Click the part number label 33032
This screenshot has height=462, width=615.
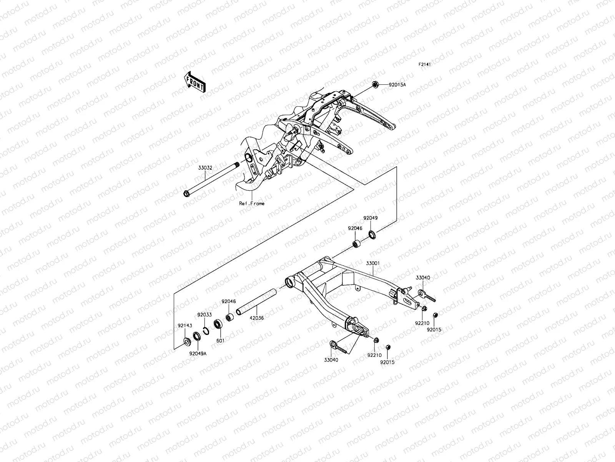(205, 168)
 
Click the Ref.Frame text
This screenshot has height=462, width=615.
(251, 204)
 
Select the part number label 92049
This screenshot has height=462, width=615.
(371, 218)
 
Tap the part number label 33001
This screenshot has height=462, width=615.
(372, 263)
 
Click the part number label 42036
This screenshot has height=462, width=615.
(257, 318)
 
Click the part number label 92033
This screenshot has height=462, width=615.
(204, 315)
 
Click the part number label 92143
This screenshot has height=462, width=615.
(184, 325)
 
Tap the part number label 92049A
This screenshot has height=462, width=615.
(198, 353)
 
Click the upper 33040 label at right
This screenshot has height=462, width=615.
(423, 278)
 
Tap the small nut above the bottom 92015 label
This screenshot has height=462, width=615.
(388, 347)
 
